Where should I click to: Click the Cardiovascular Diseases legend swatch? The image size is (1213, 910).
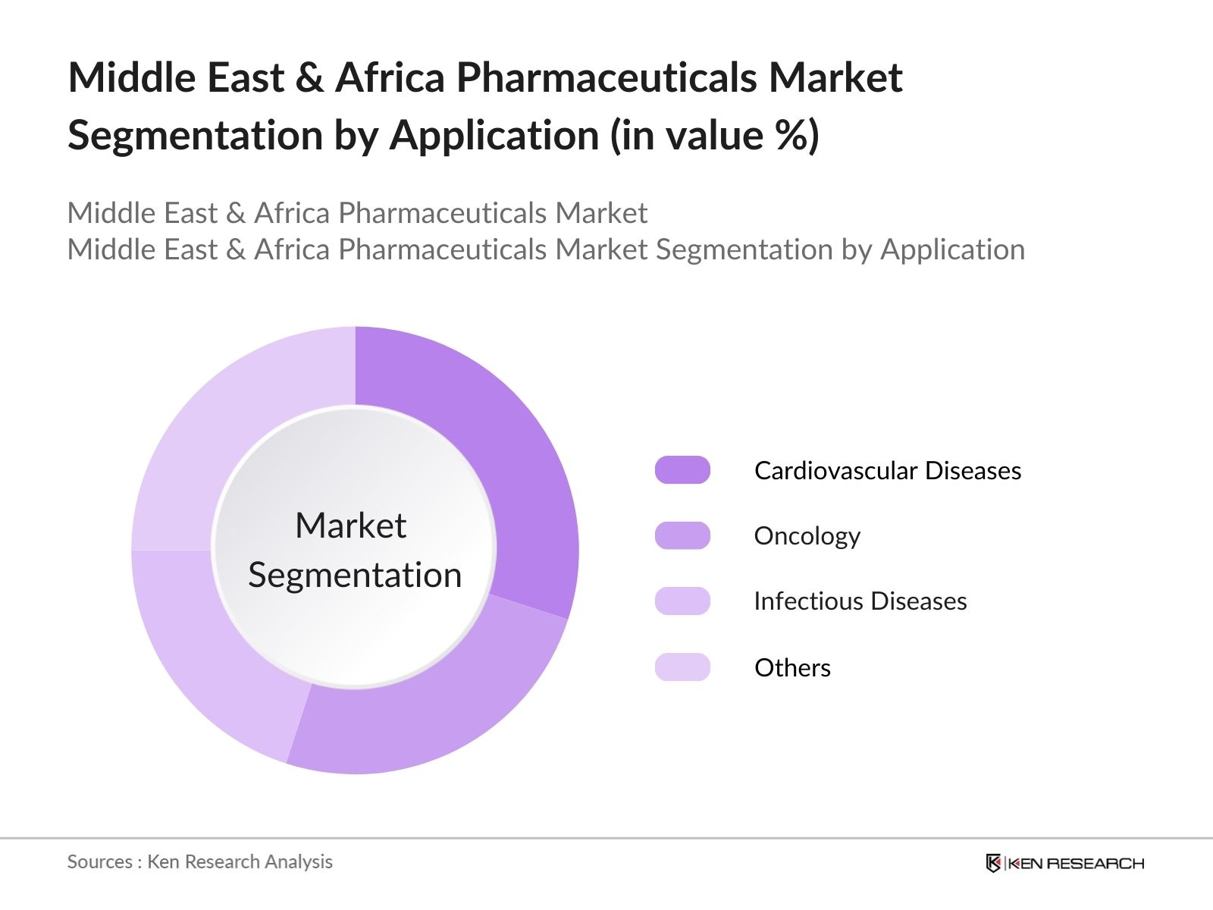point(682,470)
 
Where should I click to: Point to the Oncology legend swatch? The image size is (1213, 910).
point(682,535)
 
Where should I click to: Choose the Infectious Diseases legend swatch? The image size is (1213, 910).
point(682,601)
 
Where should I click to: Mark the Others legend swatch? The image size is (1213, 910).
point(682,667)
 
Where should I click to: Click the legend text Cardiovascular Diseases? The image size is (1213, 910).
point(888,471)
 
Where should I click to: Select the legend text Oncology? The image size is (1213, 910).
point(807,536)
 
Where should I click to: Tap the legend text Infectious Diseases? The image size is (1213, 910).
point(860,601)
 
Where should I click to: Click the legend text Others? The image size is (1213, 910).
point(792,667)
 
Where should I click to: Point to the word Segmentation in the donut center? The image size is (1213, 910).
point(355,576)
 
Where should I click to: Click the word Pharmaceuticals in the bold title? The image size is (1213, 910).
point(606,77)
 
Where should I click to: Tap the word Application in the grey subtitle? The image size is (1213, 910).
point(953,249)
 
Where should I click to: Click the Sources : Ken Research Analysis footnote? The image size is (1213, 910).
point(199,862)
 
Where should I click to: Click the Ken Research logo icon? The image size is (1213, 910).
point(993,863)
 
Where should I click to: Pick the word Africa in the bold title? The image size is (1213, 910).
point(390,77)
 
